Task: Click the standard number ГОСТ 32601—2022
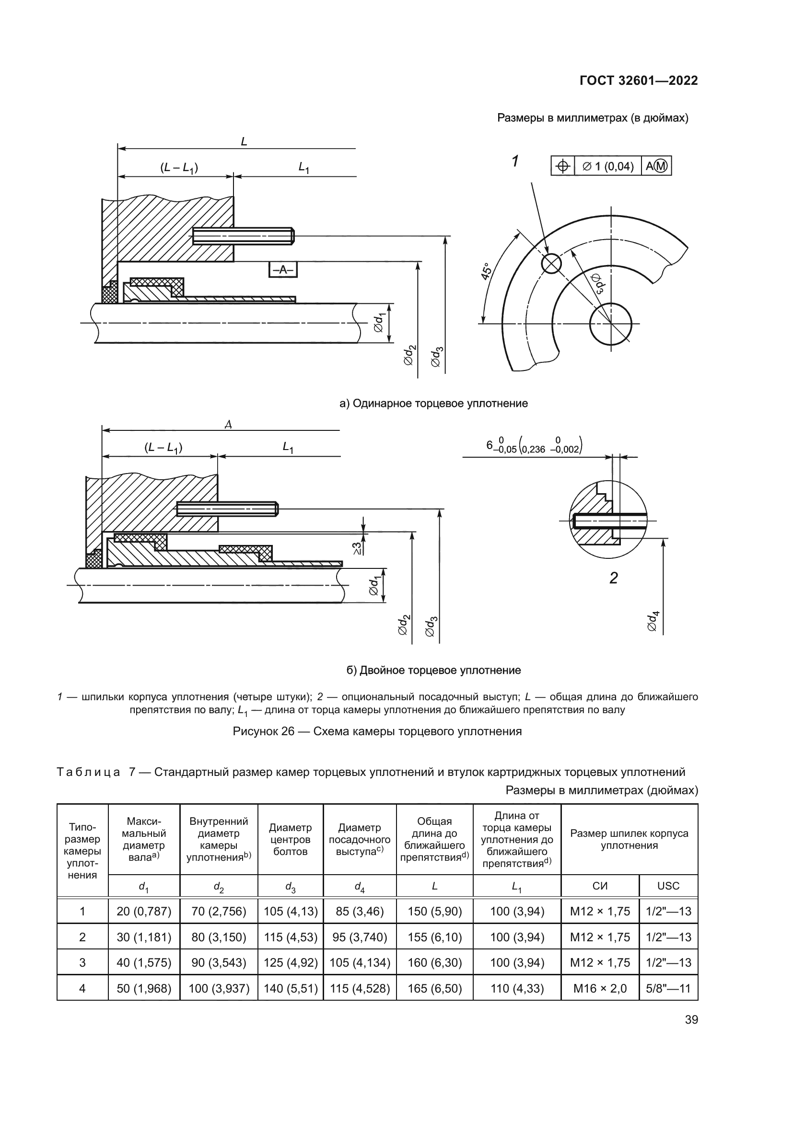(638, 81)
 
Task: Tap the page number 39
(691, 1020)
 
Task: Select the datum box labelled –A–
(283, 269)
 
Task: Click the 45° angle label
(487, 271)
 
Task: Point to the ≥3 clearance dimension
(358, 548)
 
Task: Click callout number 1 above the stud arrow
(514, 161)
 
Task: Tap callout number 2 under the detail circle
(613, 578)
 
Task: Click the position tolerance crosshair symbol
(562, 166)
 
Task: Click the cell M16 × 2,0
(600, 989)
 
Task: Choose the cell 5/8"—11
(668, 989)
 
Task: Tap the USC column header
(668, 886)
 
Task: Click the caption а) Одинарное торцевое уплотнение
(433, 403)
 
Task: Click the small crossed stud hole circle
(551, 264)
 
